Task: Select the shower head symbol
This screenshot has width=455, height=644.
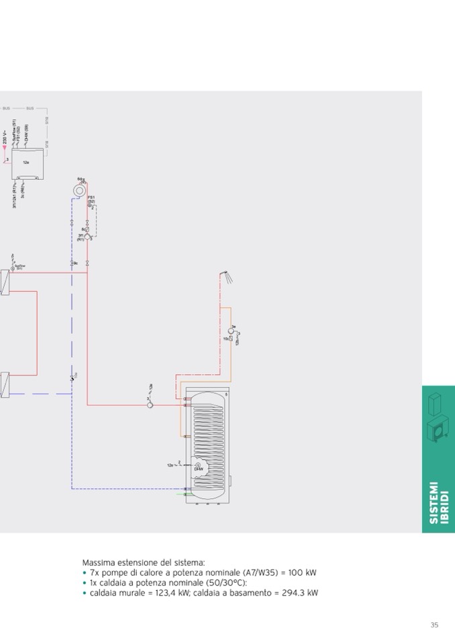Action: [x=228, y=275]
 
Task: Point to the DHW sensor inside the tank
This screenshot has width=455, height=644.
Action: [x=199, y=465]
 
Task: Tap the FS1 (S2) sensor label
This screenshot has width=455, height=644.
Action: [x=91, y=199]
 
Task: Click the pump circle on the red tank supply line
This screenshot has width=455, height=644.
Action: [x=151, y=404]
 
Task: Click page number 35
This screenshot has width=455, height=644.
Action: [x=434, y=625]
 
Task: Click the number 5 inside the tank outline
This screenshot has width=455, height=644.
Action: [x=226, y=395]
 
